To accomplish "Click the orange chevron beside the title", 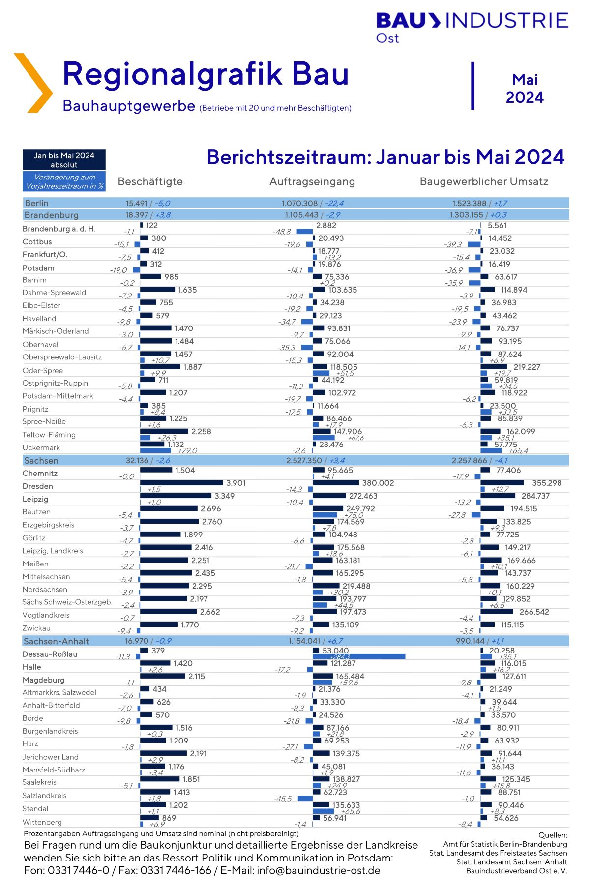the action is pyautogui.click(x=33, y=83).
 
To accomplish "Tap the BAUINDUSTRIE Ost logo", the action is pyautogui.click(x=472, y=27).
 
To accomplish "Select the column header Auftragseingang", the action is pyautogui.click(x=312, y=181).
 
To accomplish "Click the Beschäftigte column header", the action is pyautogui.click(x=150, y=181).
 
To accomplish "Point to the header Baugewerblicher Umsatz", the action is pyautogui.click(x=484, y=181).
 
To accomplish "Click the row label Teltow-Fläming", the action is pyautogui.click(x=49, y=435).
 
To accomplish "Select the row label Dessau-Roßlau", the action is pyautogui.click(x=50, y=654).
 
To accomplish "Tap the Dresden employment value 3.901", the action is pyautogui.click(x=236, y=483).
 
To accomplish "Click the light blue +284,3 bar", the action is pyautogui.click(x=359, y=656).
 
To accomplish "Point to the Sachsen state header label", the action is pyautogui.click(x=41, y=461).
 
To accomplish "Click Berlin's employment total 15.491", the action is pyautogui.click(x=137, y=203).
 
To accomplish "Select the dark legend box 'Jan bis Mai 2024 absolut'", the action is pyautogui.click(x=64, y=160).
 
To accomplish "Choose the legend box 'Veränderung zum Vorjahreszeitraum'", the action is pyautogui.click(x=64, y=181).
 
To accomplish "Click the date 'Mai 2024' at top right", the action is pyautogui.click(x=525, y=89).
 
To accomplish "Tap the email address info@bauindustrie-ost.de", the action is pyautogui.click(x=319, y=870).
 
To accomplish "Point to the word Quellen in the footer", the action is pyautogui.click(x=553, y=835).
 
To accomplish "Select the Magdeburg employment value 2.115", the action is pyautogui.click(x=197, y=676).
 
